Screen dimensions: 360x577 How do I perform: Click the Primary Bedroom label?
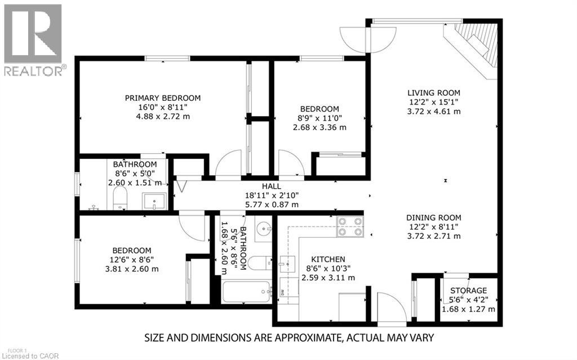click(x=162, y=97)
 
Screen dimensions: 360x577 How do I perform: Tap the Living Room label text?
click(x=434, y=93)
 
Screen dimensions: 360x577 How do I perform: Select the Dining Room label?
click(x=434, y=217)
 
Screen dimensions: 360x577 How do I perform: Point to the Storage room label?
click(x=468, y=290)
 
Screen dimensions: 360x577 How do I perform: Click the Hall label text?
click(x=271, y=186)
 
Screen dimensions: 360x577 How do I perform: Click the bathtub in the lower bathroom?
click(x=246, y=292)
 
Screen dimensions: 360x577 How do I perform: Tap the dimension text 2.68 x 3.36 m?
click(x=319, y=127)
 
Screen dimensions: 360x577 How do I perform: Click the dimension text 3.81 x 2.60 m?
click(x=131, y=269)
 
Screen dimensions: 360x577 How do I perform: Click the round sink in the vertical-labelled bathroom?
click(x=264, y=229)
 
